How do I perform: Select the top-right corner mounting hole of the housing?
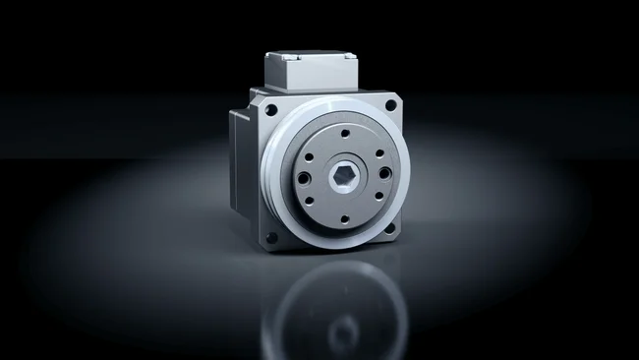pos(390,103)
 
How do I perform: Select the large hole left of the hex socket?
pos(305,177)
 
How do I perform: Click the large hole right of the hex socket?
pos(384,173)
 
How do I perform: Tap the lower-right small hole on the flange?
pos(377,198)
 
